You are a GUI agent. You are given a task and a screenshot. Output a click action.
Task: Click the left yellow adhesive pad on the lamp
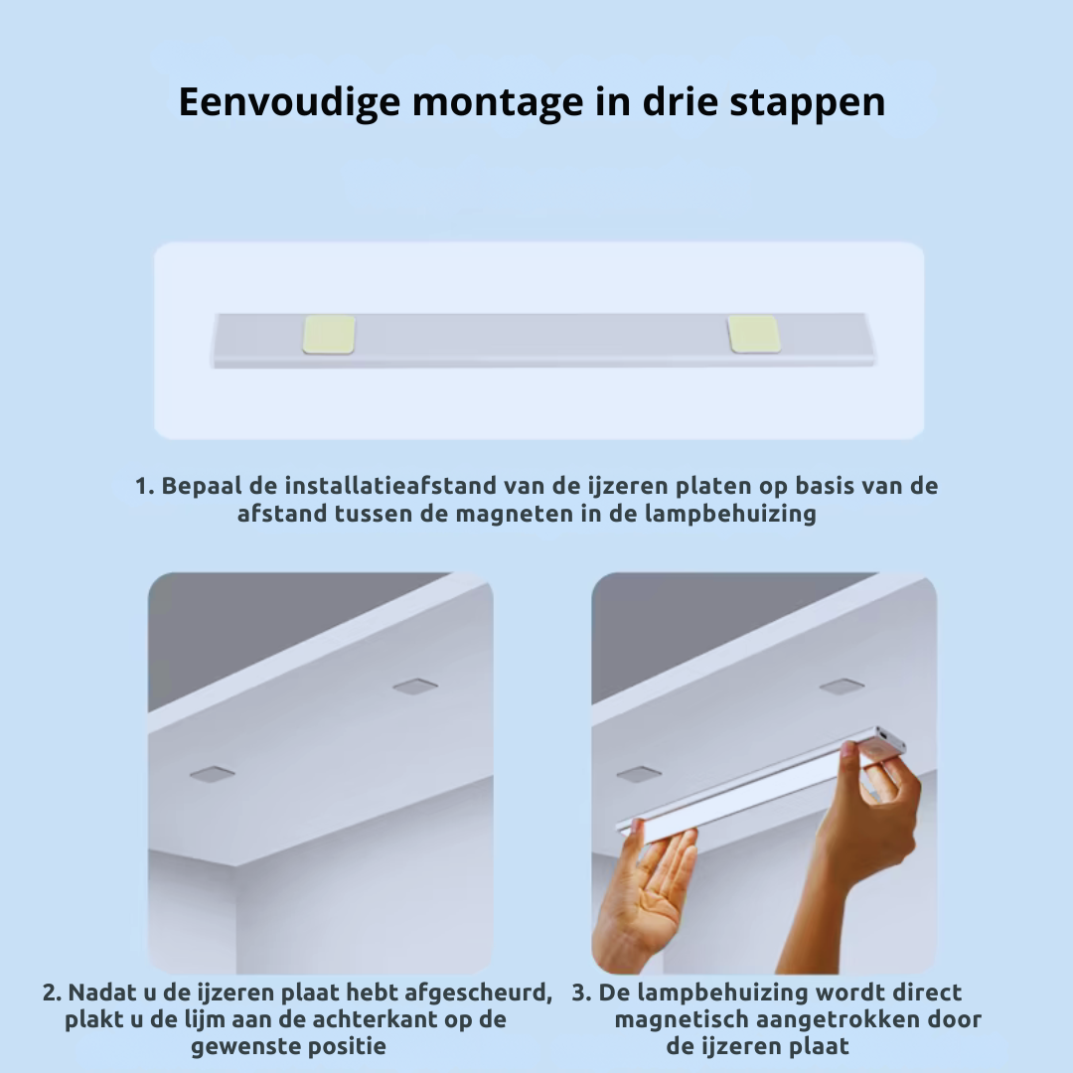(x=329, y=333)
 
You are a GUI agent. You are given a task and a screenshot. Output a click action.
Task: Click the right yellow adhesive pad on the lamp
(x=753, y=333)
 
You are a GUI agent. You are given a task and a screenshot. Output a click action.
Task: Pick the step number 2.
(x=51, y=993)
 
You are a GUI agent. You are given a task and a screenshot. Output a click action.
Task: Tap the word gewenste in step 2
(x=237, y=1046)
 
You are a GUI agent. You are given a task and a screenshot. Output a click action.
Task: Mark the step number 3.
(x=580, y=993)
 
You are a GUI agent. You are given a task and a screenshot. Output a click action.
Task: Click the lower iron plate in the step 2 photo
(x=212, y=773)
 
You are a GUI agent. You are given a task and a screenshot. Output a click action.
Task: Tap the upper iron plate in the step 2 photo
(x=415, y=686)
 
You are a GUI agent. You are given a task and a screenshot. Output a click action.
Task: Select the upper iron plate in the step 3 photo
(x=842, y=686)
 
